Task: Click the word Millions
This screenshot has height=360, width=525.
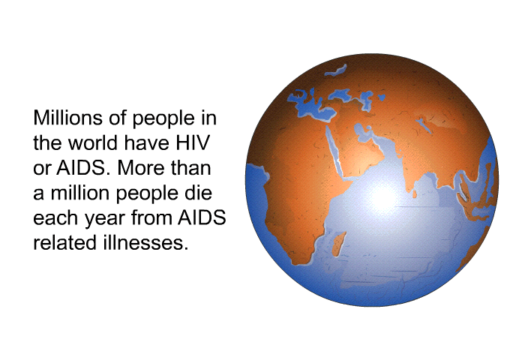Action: point(67,118)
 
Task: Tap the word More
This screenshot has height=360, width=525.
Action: point(141,168)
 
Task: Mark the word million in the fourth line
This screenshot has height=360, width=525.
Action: point(81,193)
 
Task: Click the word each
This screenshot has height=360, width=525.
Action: point(56,217)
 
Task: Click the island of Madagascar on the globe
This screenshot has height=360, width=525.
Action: point(339,244)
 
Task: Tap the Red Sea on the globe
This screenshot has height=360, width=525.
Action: point(334,151)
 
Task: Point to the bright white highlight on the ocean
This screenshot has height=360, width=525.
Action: point(384,198)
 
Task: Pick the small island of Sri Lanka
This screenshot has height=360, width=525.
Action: point(415,193)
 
